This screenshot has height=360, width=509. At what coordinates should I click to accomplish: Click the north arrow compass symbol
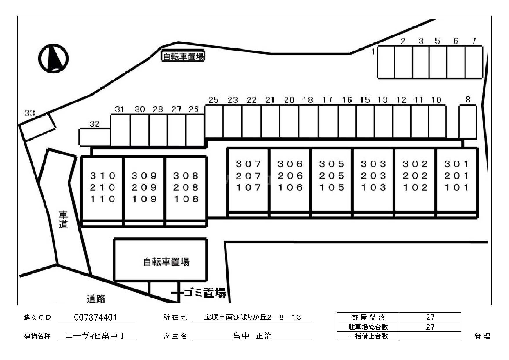(53, 58)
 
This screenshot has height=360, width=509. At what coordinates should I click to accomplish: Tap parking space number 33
(37, 127)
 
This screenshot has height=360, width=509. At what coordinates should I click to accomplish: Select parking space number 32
(95, 137)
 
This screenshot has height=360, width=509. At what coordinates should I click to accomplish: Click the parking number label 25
(213, 100)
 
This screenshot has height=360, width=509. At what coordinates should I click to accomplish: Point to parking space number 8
(467, 122)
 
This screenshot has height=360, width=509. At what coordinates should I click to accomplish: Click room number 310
(103, 176)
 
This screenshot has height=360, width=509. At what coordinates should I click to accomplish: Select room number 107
(248, 188)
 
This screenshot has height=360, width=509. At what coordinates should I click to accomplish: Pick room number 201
(457, 176)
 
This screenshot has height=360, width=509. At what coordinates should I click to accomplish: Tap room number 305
(332, 164)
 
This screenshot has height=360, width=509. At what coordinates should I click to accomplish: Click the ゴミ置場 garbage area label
(205, 293)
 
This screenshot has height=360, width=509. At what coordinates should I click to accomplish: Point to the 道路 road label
(96, 298)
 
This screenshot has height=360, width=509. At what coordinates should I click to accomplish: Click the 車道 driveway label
(63, 220)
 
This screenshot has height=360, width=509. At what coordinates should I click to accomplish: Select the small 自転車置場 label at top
(183, 56)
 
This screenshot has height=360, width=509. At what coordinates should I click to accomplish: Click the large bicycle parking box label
(166, 262)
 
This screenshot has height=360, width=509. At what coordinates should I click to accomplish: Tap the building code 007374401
(96, 317)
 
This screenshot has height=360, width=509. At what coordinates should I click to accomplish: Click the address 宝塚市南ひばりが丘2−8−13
(252, 317)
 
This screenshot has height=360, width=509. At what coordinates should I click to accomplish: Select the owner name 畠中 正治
(252, 336)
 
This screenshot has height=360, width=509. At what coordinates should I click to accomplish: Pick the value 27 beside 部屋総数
(430, 317)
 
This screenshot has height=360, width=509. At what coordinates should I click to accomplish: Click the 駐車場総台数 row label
(368, 327)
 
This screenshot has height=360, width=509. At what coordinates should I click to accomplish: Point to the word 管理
(482, 336)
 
